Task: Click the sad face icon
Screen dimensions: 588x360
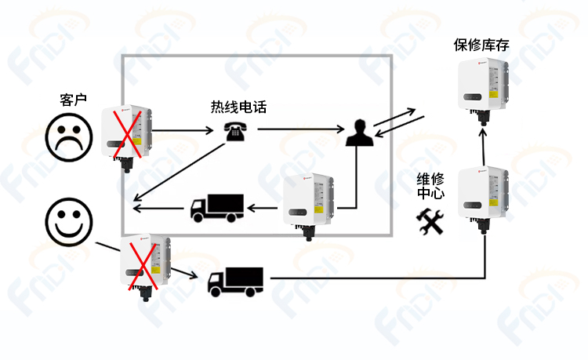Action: tap(69, 137)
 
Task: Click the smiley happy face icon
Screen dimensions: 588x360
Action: tap(69, 222)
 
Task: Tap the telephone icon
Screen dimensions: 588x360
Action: tap(235, 131)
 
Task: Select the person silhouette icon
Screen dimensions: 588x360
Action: tap(359, 133)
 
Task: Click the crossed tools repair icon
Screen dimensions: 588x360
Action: tap(430, 222)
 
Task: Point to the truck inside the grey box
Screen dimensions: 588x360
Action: tap(217, 208)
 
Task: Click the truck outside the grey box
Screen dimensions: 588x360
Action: tap(235, 282)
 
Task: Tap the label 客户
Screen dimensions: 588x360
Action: tap(73, 100)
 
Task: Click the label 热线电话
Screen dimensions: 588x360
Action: tap(238, 107)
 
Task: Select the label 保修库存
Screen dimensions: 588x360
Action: tap(481, 45)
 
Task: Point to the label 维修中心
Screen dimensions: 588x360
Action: tap(430, 187)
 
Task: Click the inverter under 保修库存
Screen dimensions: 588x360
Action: tap(483, 91)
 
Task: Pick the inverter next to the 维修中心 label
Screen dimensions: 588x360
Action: tap(483, 199)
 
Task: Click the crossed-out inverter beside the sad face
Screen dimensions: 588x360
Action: tap(126, 138)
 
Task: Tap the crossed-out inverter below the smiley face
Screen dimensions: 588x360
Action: tap(145, 267)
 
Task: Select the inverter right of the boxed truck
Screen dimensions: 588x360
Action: tap(308, 206)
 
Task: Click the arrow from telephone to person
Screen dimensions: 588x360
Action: tap(301, 129)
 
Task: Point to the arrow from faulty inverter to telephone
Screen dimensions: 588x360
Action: tap(183, 130)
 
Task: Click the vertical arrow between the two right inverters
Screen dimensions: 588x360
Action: tap(484, 147)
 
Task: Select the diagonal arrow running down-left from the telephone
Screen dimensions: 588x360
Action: tap(180, 172)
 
